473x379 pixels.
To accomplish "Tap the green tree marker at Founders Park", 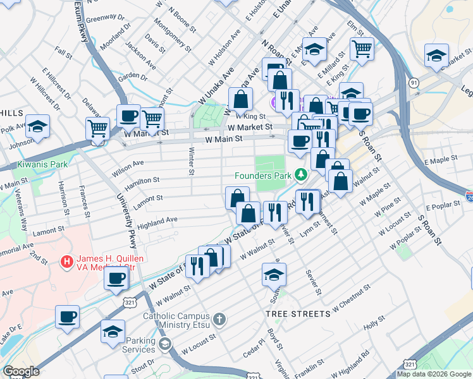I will (x=302, y=174).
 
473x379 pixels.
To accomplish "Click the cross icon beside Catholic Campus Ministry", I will (x=219, y=319).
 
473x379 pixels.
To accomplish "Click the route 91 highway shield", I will (x=413, y=83).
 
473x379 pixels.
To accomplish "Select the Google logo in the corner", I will (x=21, y=371).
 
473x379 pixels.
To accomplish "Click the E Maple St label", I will (x=439, y=162).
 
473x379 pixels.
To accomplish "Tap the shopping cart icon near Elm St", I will (x=362, y=49).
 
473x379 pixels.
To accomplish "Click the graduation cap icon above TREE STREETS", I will (x=274, y=275).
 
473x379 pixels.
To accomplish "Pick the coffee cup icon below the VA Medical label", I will (x=116, y=279).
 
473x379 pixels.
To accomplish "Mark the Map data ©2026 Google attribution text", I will (x=433, y=374).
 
